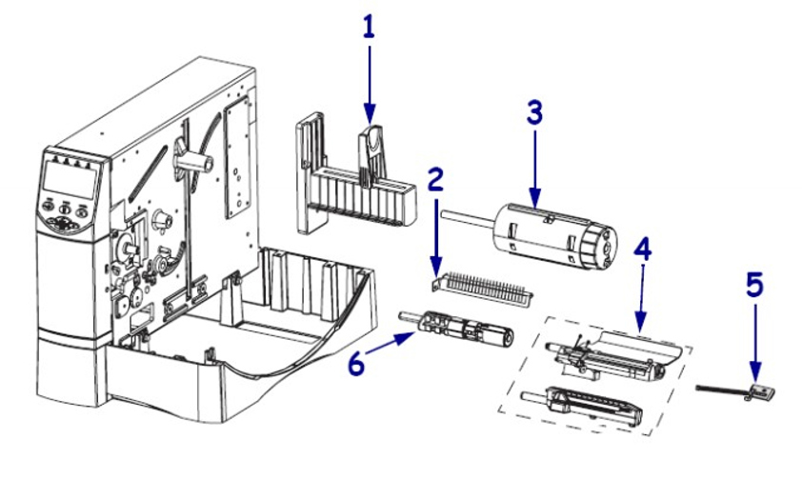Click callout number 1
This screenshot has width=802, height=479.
click(369, 27)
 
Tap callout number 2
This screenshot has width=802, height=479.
click(436, 178)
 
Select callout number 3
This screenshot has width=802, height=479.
click(534, 113)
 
